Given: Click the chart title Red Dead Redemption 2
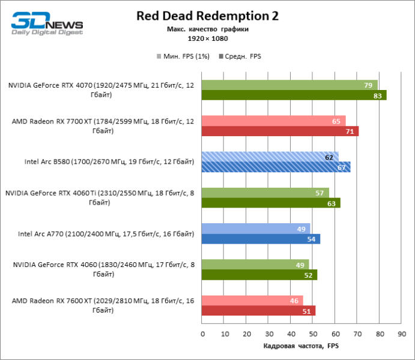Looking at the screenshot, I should pyautogui.click(x=207, y=16).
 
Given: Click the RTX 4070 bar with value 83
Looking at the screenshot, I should pyautogui.click(x=294, y=95).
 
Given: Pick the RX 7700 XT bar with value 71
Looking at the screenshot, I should pyautogui.click(x=280, y=131).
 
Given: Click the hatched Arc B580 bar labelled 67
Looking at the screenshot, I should pyautogui.click(x=276, y=167).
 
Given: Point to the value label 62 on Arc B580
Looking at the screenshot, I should pyautogui.click(x=329, y=157).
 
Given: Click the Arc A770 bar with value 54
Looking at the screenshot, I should pyautogui.click(x=261, y=239).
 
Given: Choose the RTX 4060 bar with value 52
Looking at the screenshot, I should pyautogui.click(x=259, y=275).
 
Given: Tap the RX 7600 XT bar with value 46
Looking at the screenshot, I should pyautogui.click(x=252, y=301).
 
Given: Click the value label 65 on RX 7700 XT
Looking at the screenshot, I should pyautogui.click(x=336, y=121).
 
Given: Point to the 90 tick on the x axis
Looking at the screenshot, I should pyautogui.click(x=401, y=333).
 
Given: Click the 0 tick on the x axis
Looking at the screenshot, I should pyautogui.click(x=202, y=333).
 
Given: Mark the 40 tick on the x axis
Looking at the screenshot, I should pyautogui.click(x=291, y=333).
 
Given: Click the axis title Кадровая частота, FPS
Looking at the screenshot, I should pyautogui.click(x=301, y=346).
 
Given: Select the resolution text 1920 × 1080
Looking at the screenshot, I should pyautogui.click(x=207, y=38).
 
